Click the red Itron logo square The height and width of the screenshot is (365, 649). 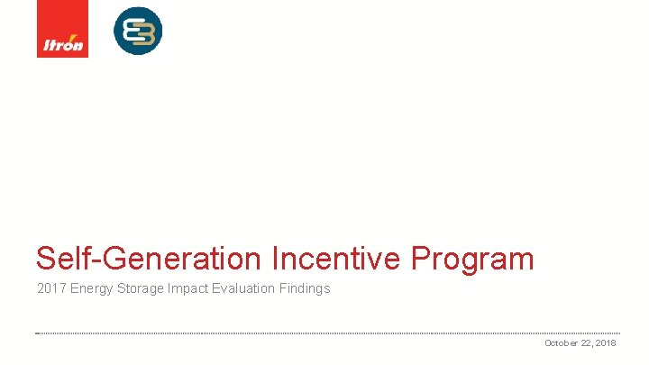point(62,29)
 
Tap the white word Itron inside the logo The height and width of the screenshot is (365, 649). point(63,45)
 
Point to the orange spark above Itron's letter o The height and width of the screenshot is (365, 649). point(74,38)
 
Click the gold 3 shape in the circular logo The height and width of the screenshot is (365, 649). point(145,31)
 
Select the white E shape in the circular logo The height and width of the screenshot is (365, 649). point(131,31)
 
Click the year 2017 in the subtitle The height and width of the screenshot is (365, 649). point(50,289)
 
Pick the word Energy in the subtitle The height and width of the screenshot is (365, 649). point(91,289)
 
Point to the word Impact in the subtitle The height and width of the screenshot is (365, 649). point(187,289)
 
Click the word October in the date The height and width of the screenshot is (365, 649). point(562,343)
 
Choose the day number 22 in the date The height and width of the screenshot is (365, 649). point(589,343)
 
